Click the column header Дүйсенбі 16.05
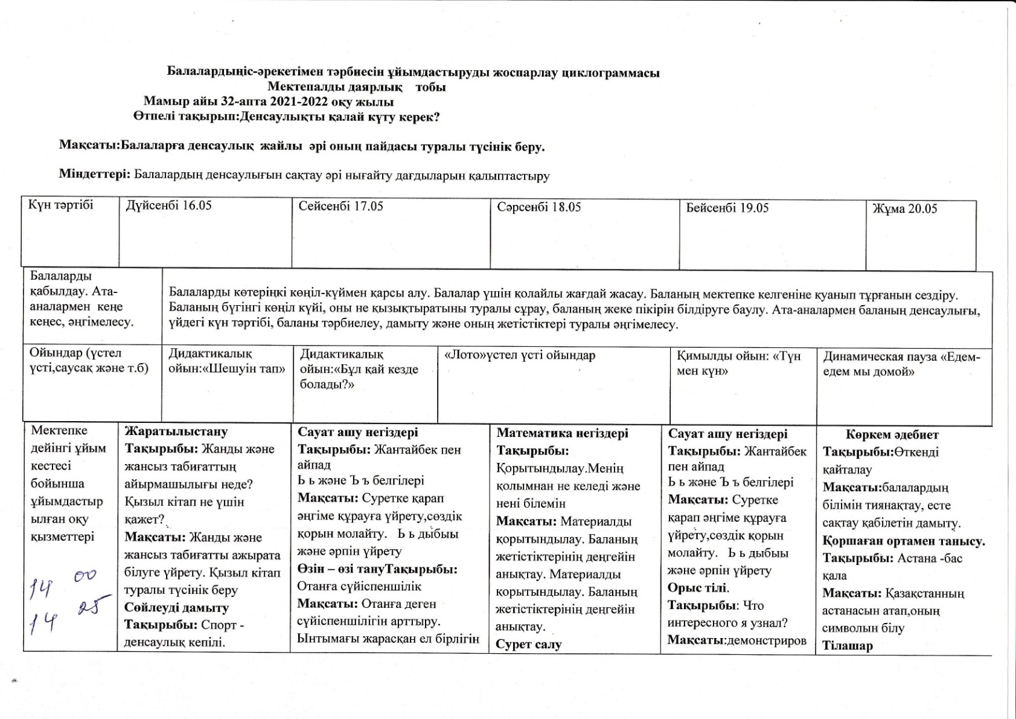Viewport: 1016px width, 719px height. click(168, 205)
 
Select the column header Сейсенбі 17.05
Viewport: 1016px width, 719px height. click(340, 206)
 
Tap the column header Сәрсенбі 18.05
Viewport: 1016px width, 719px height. click(538, 207)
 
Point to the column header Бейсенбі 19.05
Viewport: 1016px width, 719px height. click(727, 208)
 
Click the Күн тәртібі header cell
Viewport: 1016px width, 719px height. click(60, 205)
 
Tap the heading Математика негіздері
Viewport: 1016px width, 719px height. click(562, 433)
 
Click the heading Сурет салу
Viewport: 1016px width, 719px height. click(528, 645)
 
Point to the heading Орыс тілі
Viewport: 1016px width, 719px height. click(697, 588)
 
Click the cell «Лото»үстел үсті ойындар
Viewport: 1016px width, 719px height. click(519, 355)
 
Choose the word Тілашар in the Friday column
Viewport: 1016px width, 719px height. click(847, 646)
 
